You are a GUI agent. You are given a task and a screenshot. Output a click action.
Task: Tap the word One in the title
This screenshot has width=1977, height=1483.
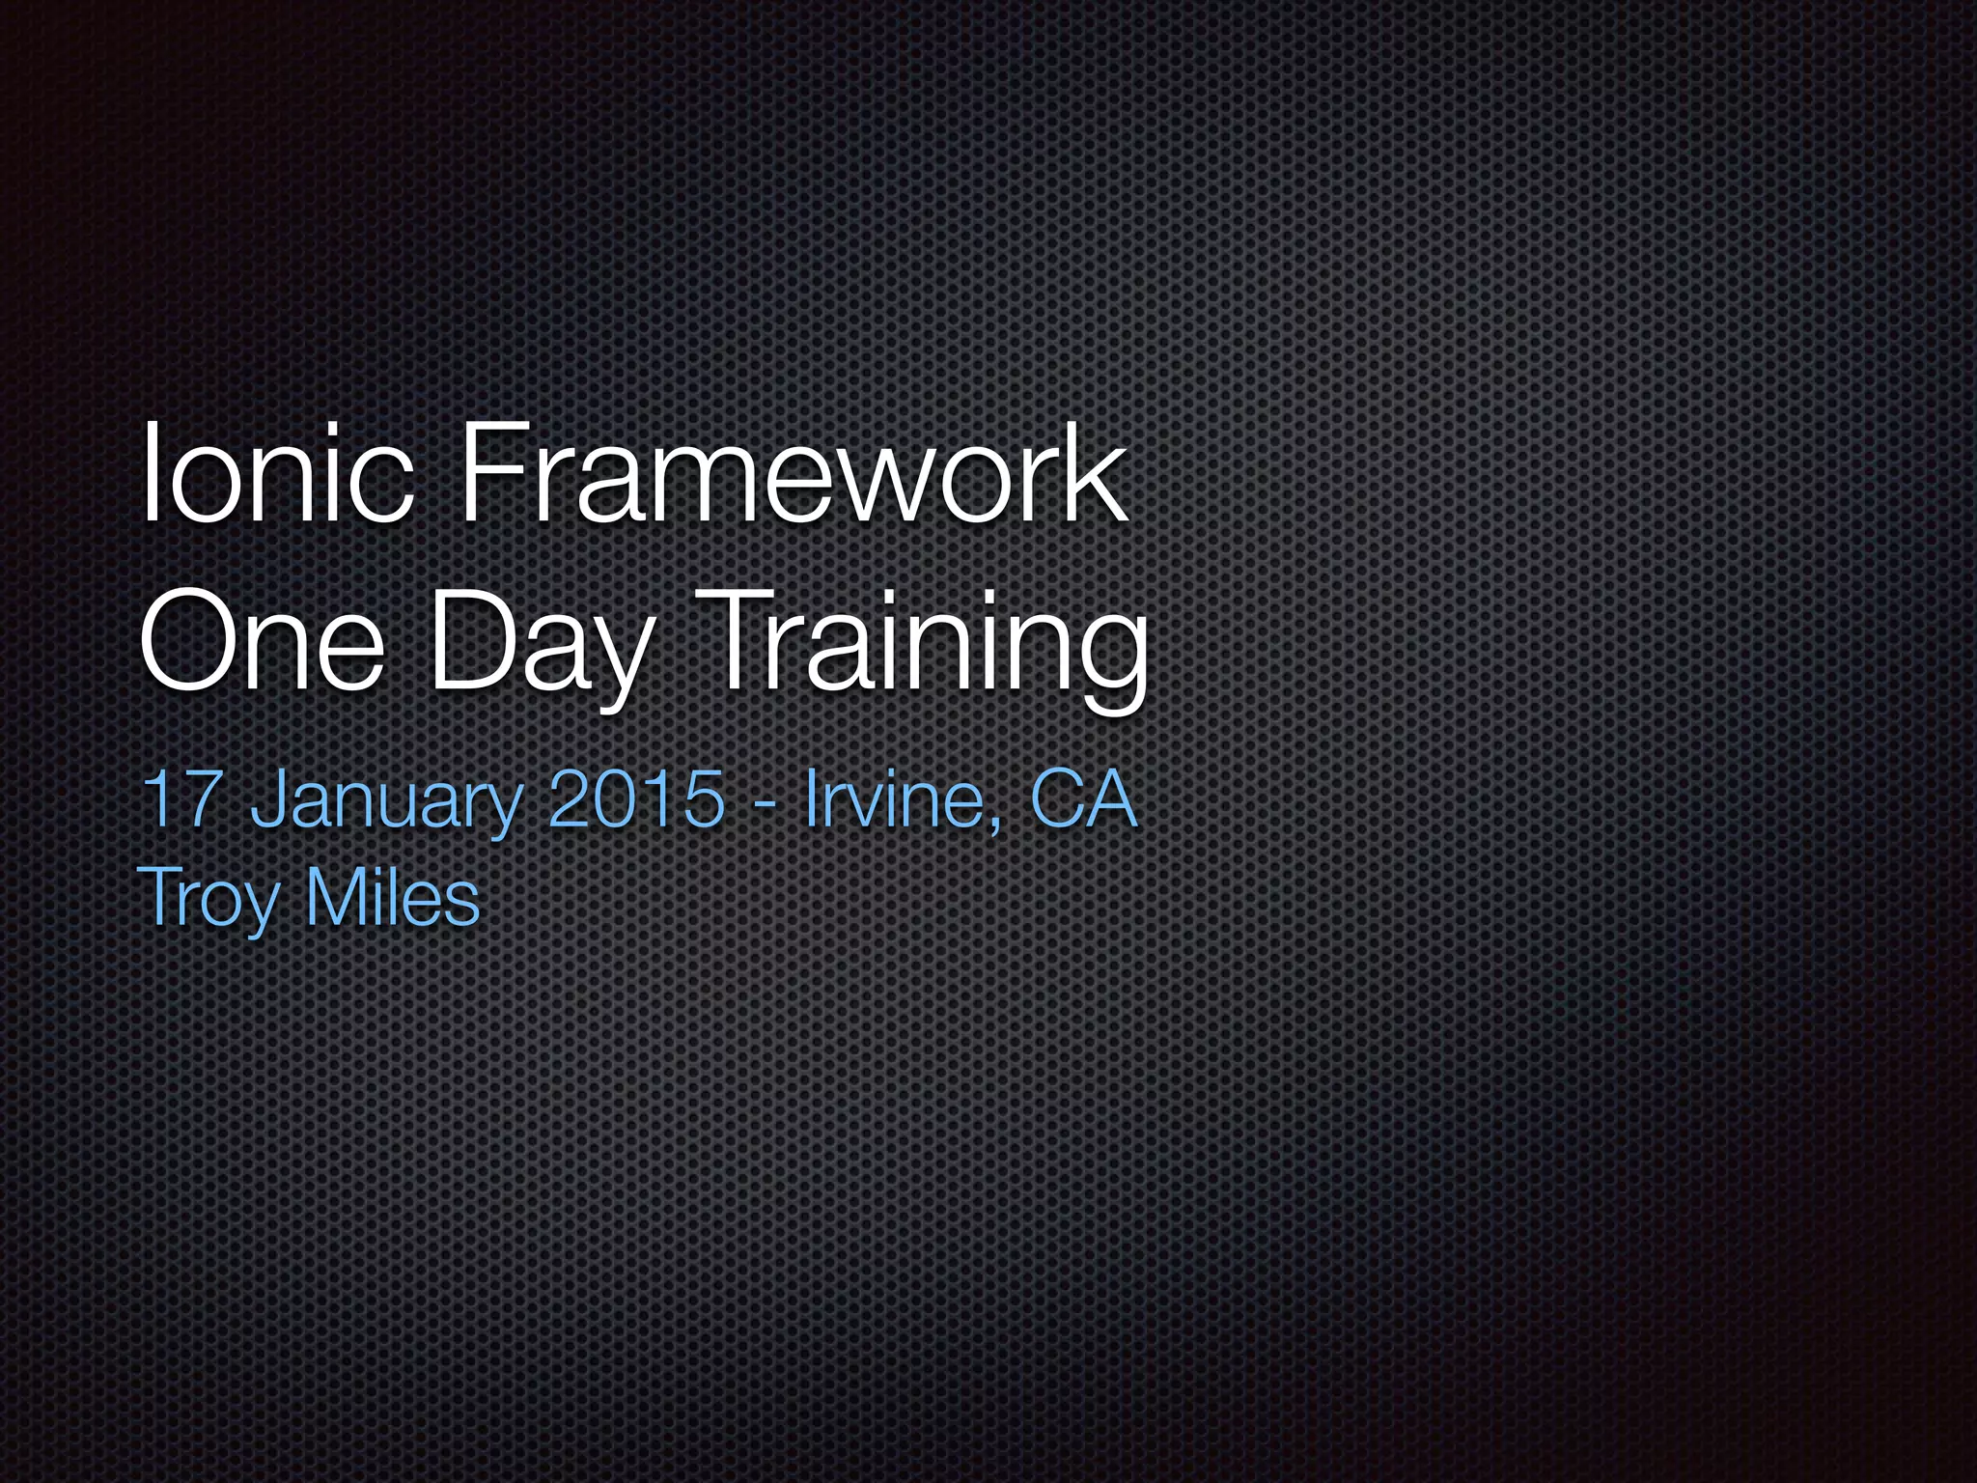[261, 641]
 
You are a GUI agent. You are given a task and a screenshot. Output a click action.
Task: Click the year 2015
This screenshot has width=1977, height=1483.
[635, 799]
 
